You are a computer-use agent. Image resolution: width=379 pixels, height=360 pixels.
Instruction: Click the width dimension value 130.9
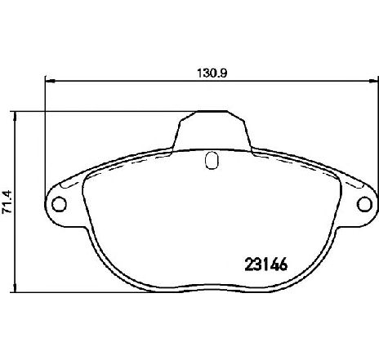click(212, 73)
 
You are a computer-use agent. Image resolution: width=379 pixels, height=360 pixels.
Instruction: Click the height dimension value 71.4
click(7, 202)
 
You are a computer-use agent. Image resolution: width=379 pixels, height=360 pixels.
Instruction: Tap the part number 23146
click(266, 264)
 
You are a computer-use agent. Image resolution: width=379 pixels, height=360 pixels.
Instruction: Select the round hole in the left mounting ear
click(59, 204)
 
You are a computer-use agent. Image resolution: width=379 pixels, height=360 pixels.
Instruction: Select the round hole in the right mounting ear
click(364, 204)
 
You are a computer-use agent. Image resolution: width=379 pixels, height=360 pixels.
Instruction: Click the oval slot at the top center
click(212, 160)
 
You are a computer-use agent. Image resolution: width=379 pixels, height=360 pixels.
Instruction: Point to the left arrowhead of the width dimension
click(50, 81)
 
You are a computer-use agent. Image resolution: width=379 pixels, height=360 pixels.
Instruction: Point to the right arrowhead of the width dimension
click(373, 81)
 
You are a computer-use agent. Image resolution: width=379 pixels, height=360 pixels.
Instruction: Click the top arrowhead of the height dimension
click(16, 117)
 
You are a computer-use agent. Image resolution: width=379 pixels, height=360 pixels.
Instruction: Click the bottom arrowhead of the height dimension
click(16, 287)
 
